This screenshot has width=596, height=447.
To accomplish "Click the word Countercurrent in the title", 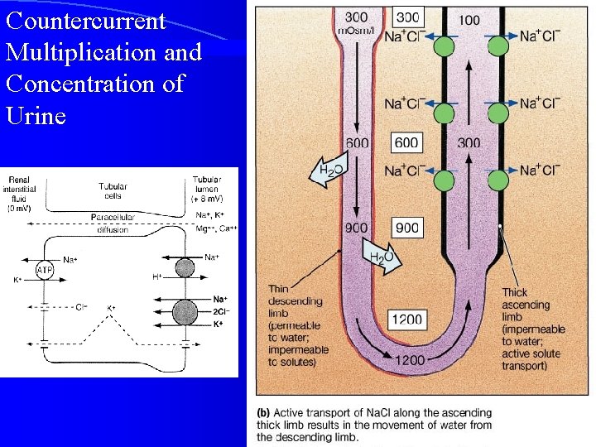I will coord(86,20).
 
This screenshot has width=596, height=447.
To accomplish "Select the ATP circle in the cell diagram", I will coord(44,270).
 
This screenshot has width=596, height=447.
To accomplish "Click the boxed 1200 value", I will coord(407,320).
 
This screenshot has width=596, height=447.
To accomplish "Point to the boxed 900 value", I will coord(406,228).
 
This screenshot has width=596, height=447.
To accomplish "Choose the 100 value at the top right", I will coord(468,19).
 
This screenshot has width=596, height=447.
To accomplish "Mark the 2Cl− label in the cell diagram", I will coord(220,312).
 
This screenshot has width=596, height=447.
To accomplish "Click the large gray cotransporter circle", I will coord(185,313).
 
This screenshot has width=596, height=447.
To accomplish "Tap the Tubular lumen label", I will coord(207,189).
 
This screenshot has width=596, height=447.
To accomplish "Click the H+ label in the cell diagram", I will coord(156,276).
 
